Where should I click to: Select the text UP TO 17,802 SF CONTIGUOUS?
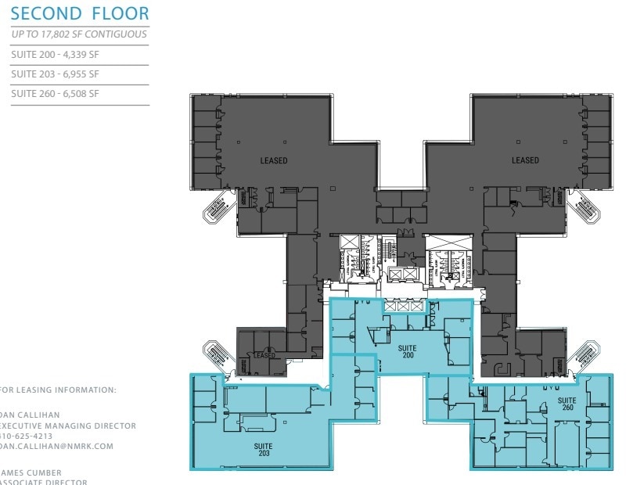pos(79,34)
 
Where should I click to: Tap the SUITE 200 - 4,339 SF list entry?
pos(55,55)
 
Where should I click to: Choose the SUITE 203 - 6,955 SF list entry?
pos(55,74)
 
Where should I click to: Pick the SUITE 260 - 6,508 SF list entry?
pos(55,94)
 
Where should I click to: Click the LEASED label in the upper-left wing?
pos(274,160)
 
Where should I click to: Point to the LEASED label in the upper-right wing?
pos(525,160)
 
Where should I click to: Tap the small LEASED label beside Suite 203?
pos(264,356)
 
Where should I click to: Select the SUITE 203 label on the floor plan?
pos(264,448)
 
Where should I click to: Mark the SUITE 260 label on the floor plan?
pos(567,403)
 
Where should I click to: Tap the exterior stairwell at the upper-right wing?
pos(584,207)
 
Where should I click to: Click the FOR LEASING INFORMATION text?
pos(59,390)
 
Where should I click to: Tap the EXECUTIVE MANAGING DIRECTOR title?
pos(69,426)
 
